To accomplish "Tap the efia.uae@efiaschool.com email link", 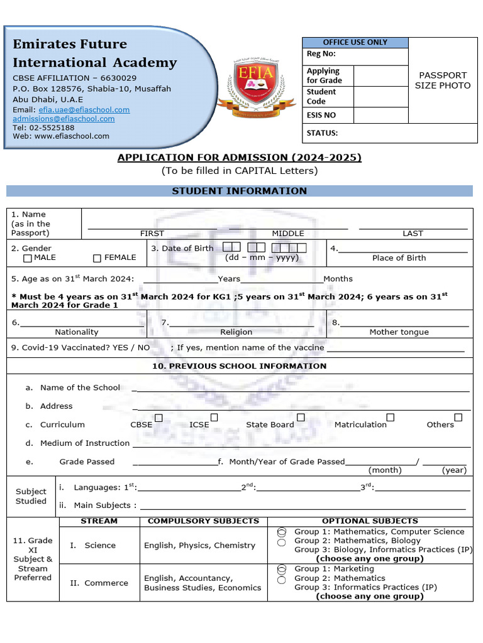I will click(x=84, y=109).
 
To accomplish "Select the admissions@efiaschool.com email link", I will click(x=64, y=118).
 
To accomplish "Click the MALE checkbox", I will click(x=28, y=258).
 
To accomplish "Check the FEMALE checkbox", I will click(x=97, y=258).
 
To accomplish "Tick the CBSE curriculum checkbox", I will click(x=158, y=418).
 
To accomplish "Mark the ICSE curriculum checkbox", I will click(x=214, y=418).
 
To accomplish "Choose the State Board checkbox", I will click(x=301, y=418).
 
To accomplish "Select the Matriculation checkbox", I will click(x=390, y=418).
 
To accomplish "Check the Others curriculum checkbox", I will click(x=458, y=418).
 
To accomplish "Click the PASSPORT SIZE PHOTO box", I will click(x=442, y=80).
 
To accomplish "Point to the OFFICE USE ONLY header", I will click(x=355, y=42).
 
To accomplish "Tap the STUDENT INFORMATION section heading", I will click(x=239, y=191).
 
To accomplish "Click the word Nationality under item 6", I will click(x=77, y=332).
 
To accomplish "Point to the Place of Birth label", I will click(x=399, y=257).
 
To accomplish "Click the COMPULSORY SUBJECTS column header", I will click(x=203, y=521).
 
